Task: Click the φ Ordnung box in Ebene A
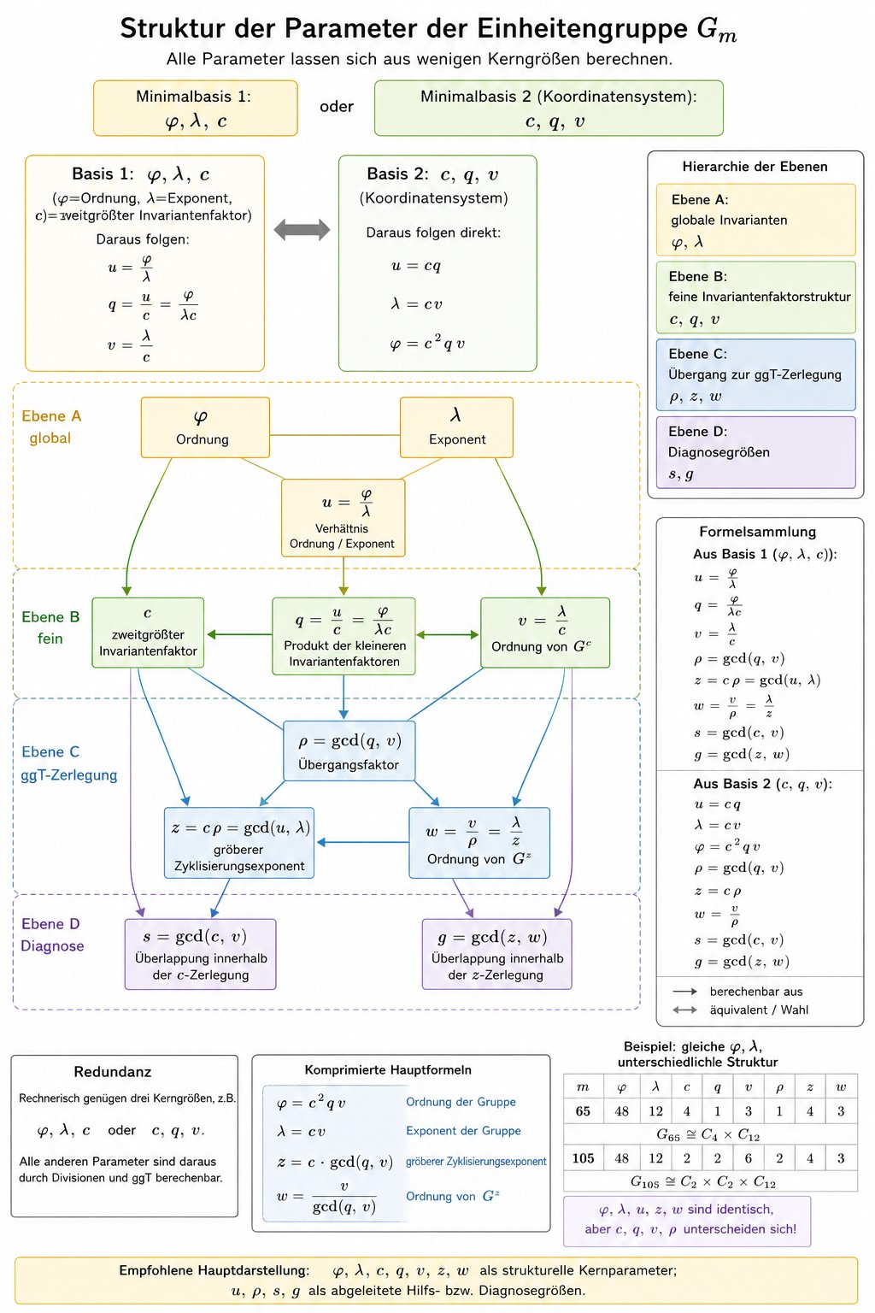point(205,427)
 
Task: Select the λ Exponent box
point(456,427)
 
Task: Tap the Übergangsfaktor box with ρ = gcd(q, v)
point(349,751)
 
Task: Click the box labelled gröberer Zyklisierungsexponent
point(239,843)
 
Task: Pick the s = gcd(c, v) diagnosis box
point(201,954)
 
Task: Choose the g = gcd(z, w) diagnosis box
point(497,954)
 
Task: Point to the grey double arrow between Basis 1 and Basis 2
point(302,229)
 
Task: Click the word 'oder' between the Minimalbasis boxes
point(337,107)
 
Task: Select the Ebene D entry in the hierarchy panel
point(755,452)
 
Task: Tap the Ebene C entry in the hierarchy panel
point(755,374)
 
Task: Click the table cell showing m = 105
point(583,1159)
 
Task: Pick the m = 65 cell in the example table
point(583,1111)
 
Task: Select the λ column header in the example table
point(655,1087)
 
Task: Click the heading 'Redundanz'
point(113,1072)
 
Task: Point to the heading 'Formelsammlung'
point(758,532)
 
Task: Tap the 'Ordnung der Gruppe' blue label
point(461,1102)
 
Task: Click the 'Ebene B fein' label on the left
point(50,627)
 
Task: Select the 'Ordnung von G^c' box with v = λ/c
point(545,633)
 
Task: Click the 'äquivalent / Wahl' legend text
point(759,1010)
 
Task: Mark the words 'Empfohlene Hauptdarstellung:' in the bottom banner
point(214,1270)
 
